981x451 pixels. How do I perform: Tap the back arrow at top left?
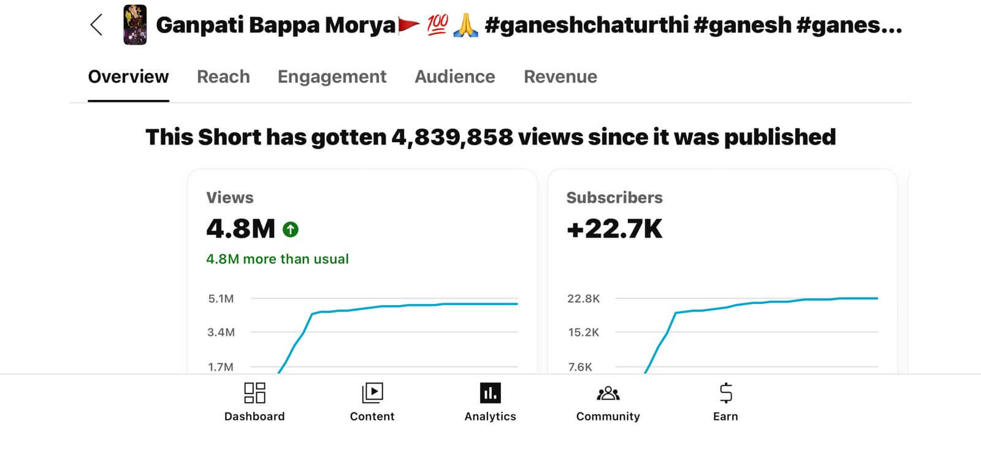tap(96, 25)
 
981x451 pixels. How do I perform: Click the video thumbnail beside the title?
tap(135, 25)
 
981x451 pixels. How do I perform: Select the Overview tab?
tap(128, 77)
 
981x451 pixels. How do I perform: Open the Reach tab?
tap(223, 77)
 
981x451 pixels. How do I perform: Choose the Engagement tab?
tap(332, 77)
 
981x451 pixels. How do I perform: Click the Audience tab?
tap(454, 77)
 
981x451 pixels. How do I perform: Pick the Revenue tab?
tap(560, 77)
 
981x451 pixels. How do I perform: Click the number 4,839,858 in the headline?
tap(452, 137)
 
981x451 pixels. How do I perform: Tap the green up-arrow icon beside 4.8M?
tap(290, 230)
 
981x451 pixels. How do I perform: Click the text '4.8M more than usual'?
tap(277, 259)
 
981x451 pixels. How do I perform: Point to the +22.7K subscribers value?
tap(614, 229)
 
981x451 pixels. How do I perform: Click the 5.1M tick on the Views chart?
tap(221, 299)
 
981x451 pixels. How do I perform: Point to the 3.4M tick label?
tap(221, 333)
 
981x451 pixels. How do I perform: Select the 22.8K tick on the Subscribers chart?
tap(583, 299)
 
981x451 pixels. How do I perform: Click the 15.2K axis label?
tap(583, 333)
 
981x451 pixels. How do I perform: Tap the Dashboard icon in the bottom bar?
tap(254, 393)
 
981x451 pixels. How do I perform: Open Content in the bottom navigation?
tap(372, 393)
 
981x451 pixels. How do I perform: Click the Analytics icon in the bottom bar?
tap(490, 393)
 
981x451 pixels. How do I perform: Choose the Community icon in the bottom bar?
tap(608, 393)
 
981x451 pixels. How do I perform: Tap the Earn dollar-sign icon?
tap(725, 393)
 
